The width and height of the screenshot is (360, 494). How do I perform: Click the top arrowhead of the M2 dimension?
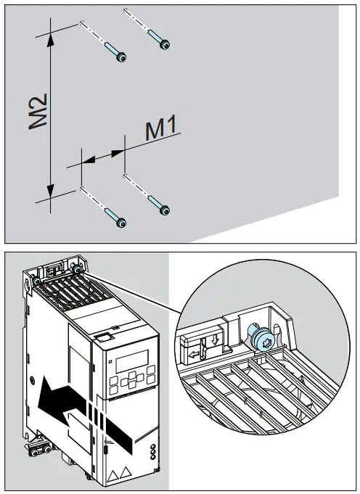[x=50, y=37]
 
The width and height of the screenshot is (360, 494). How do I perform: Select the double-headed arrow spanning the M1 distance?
[x=102, y=155]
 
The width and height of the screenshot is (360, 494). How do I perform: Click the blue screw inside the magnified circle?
[x=263, y=338]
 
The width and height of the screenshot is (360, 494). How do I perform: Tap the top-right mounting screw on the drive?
[x=78, y=269]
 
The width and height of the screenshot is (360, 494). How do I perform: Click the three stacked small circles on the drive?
[x=152, y=454]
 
